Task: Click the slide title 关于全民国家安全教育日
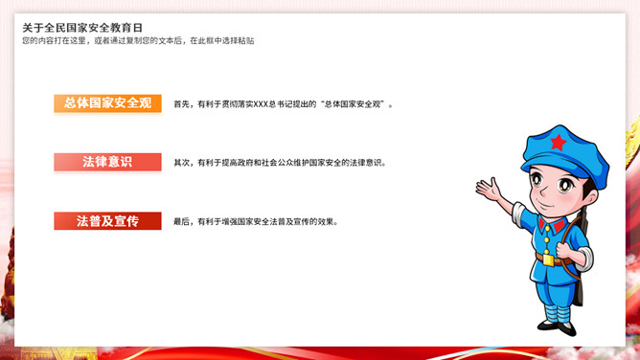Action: (82, 28)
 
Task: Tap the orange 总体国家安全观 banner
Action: (107, 103)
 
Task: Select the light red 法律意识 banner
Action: (107, 162)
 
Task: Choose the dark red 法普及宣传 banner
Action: (107, 221)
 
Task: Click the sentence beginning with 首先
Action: (284, 104)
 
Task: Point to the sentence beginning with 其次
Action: (280, 163)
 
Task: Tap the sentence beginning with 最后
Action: (256, 222)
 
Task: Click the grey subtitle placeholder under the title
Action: (138, 41)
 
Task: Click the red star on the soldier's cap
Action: (559, 143)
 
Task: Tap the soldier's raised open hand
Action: (489, 190)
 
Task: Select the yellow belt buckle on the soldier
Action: (549, 259)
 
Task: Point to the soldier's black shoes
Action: (558, 327)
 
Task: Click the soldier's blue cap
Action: (565, 154)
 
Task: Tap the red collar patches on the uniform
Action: (551, 225)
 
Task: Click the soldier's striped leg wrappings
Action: (558, 313)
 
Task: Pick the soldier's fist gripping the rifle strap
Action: (564, 250)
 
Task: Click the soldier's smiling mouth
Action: (543, 203)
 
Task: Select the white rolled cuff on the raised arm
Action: (517, 214)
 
